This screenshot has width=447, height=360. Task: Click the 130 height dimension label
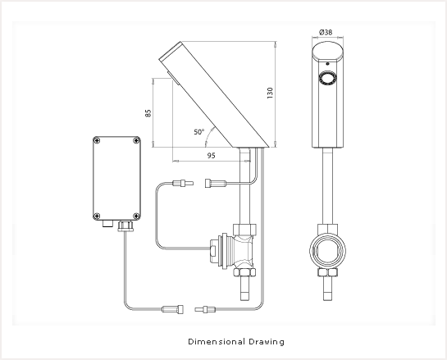270,93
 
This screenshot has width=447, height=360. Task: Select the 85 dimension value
148,113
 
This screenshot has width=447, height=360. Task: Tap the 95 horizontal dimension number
212,156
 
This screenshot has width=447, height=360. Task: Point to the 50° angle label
199,132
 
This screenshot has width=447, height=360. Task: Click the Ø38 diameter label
326,32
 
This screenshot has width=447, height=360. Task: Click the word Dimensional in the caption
217,341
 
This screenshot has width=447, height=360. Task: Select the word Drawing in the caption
267,342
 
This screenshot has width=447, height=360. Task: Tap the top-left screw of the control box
98,140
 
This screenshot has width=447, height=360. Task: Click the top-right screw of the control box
136,140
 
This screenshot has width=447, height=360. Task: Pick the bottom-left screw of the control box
97,216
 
